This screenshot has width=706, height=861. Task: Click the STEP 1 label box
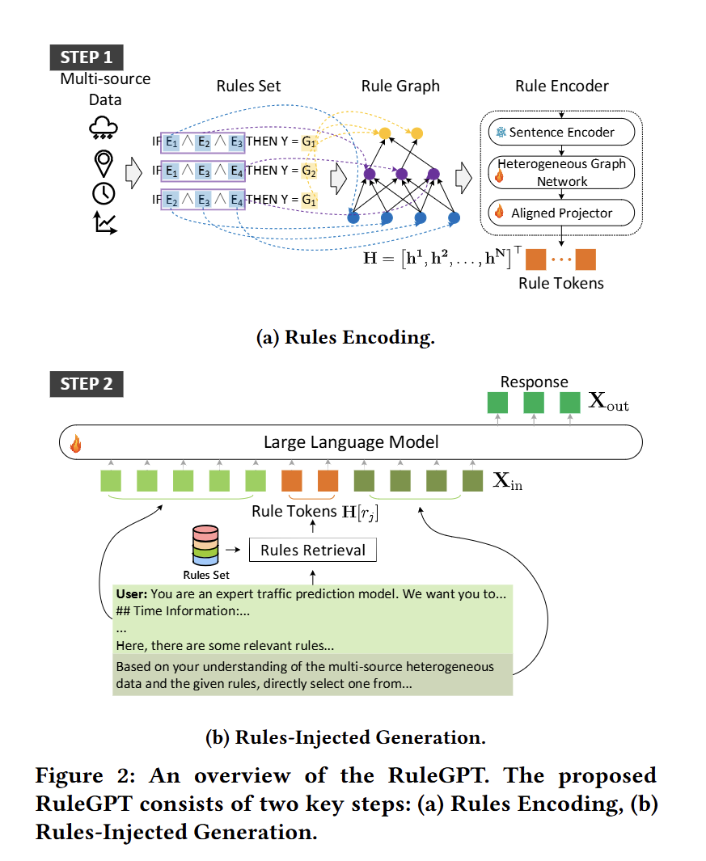87,57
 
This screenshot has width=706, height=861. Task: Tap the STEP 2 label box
87,384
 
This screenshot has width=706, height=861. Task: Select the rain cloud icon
104,128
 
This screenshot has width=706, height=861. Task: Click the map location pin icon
104,163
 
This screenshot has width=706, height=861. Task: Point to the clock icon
104,193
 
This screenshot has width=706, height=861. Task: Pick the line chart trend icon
105,223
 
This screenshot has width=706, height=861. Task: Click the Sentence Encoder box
561,132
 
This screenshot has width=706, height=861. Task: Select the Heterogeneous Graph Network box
561,172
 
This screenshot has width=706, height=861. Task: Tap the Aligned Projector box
561,213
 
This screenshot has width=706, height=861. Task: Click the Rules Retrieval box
313,550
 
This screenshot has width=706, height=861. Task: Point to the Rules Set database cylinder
205,545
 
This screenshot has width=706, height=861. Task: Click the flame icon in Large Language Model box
76,443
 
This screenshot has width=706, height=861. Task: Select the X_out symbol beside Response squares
608,402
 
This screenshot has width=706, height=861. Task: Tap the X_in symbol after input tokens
508,481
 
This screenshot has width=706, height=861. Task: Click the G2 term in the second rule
309,171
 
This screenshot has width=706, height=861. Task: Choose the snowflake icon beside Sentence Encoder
501,133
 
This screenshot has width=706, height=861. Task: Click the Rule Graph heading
400,87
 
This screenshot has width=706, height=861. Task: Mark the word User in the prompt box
131,593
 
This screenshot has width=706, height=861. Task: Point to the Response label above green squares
534,382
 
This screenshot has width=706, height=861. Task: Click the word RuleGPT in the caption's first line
438,775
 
